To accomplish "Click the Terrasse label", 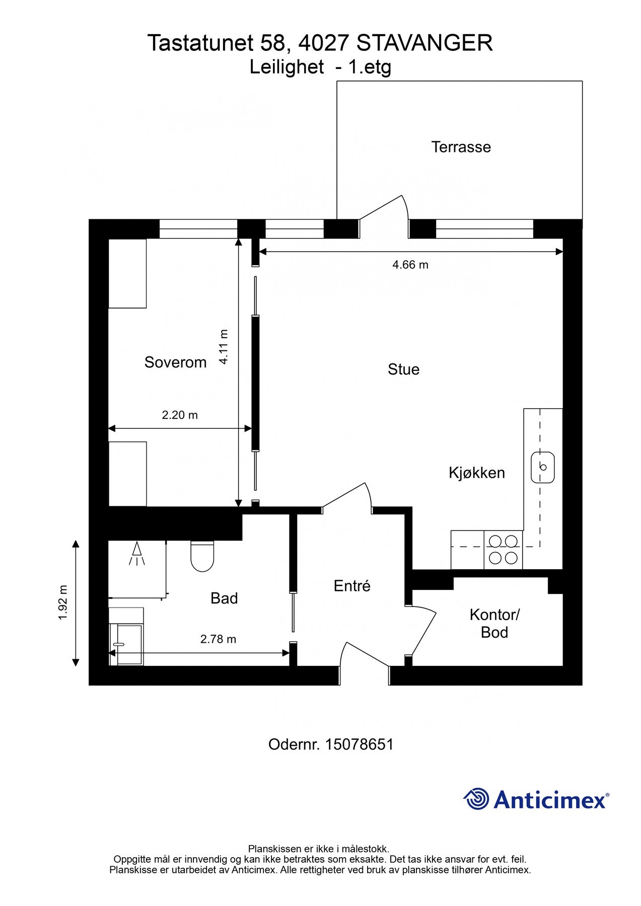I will tap(461, 147).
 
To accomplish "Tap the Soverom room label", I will tap(175, 362).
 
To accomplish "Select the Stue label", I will tap(403, 369).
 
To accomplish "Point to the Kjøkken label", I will tap(476, 473).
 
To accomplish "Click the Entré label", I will tap(352, 586).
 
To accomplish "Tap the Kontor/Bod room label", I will tap(494, 623).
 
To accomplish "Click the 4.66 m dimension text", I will tap(410, 265).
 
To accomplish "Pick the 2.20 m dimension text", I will tap(179, 415).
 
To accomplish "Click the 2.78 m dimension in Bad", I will tap(218, 639).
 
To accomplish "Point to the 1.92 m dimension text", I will tap(63, 602).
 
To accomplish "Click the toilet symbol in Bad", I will tap(202, 557).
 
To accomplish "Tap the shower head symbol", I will tap(136, 553).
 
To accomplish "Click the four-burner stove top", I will tap(503, 550).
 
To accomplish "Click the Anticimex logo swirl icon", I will tap(476, 799).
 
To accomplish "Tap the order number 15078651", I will tap(359, 744).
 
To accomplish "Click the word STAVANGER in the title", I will tap(424, 43).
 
